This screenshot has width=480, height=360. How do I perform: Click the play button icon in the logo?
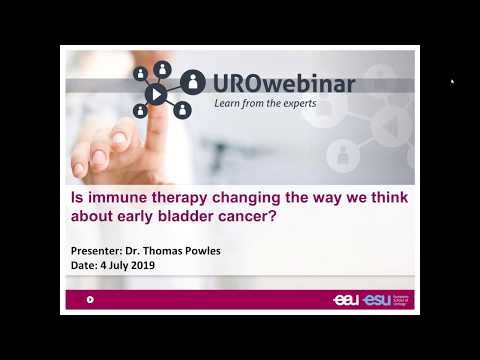[157, 94]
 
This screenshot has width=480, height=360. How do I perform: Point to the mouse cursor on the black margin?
[453, 82]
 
